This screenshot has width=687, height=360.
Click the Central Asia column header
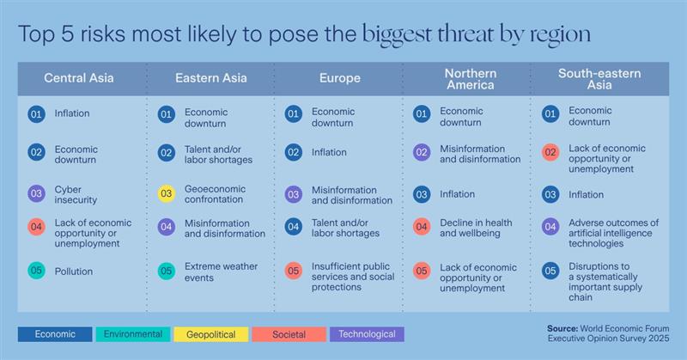point(79,78)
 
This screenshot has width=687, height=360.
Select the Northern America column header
point(470,78)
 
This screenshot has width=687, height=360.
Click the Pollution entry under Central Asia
point(73,272)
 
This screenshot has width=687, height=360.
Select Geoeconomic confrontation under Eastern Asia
point(215,193)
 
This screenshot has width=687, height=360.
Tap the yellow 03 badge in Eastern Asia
point(166,194)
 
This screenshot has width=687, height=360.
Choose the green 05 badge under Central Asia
point(36,272)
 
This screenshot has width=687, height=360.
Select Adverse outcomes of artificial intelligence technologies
point(613,232)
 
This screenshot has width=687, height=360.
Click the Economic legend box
point(55,334)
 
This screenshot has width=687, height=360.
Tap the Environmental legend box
point(134,334)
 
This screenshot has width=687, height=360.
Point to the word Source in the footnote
point(563,327)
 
